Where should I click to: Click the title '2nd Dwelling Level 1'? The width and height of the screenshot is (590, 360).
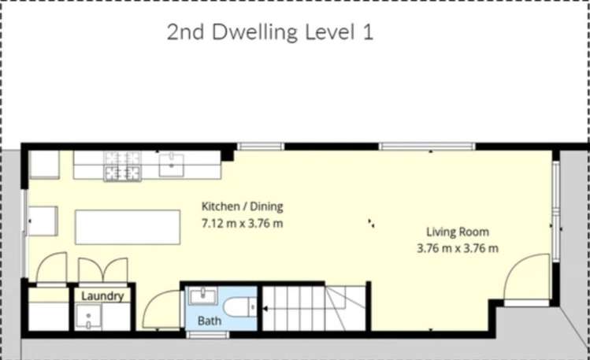pos(269,33)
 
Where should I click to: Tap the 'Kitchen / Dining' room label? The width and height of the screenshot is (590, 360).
pos(242,206)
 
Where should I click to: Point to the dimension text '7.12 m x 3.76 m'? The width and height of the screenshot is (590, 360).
pos(242,223)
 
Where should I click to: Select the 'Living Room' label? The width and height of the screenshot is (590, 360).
pos(458,232)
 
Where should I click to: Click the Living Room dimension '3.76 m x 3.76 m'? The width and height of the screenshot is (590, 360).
pos(458,248)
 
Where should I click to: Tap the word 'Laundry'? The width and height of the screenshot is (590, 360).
pos(102,296)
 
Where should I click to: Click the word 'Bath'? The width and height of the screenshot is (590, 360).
pos(209,321)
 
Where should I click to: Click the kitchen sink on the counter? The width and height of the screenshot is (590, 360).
pos(171,164)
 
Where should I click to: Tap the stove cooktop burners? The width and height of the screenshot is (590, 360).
pos(122,165)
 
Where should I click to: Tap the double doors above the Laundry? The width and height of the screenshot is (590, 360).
pos(103,269)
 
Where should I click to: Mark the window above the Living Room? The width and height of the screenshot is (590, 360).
pos(427,146)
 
